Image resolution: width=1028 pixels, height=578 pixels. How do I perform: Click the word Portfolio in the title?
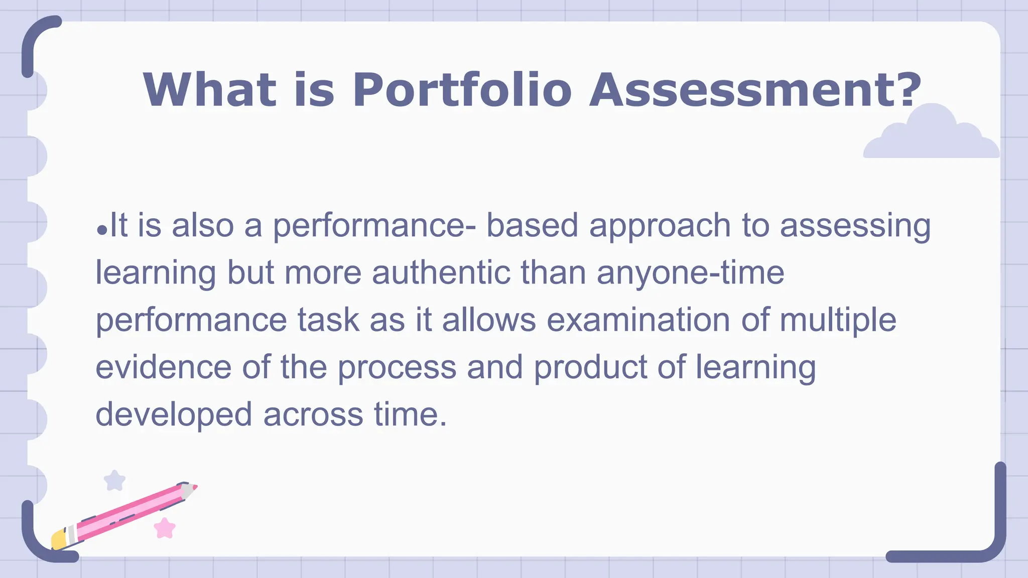pos(462,90)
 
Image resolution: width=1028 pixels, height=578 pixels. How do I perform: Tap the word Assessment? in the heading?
pos(755,90)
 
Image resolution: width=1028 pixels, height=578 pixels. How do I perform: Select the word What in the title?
pos(209,90)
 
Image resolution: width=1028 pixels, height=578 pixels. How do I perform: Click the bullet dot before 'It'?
pos(102,230)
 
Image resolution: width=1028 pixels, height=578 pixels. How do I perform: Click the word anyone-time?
pos(690,274)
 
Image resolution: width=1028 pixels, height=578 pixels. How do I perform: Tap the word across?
pos(313,415)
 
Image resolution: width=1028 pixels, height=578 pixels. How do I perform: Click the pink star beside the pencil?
pos(165,528)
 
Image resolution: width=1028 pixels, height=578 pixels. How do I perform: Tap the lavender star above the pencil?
pos(114,481)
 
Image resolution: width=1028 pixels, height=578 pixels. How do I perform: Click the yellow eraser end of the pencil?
pos(59,540)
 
